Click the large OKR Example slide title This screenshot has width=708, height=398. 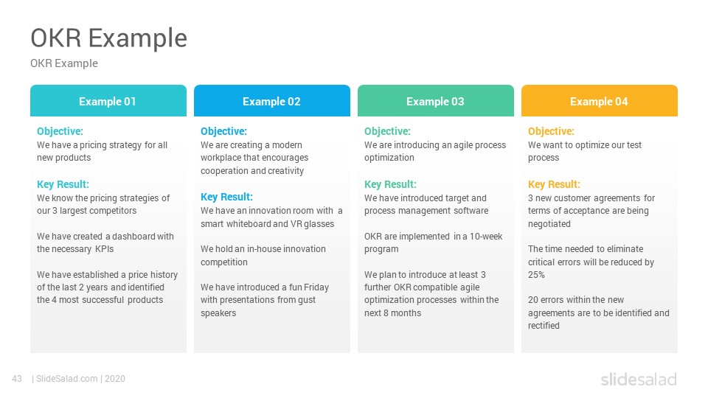click(109, 38)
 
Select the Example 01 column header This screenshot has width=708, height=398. click(108, 101)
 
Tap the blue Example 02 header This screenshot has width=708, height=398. click(272, 101)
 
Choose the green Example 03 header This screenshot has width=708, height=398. click(436, 101)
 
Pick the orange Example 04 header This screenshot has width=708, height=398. click(599, 101)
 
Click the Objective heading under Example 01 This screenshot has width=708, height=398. click(60, 131)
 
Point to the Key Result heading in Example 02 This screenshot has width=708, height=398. click(226, 198)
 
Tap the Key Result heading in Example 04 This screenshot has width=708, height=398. click(554, 184)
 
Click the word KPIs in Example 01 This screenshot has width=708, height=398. click(104, 249)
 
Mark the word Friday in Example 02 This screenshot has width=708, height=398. click(316, 287)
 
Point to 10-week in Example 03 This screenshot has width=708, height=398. click(486, 237)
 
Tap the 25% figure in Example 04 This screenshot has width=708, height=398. click(536, 275)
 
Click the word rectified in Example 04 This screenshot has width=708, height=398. click(544, 326)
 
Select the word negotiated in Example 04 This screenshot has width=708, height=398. click(549, 224)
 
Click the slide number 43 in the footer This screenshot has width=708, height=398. click(17, 379)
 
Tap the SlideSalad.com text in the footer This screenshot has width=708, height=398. click(67, 379)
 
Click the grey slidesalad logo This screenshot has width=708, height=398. click(639, 380)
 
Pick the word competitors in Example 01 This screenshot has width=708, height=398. click(114, 212)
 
